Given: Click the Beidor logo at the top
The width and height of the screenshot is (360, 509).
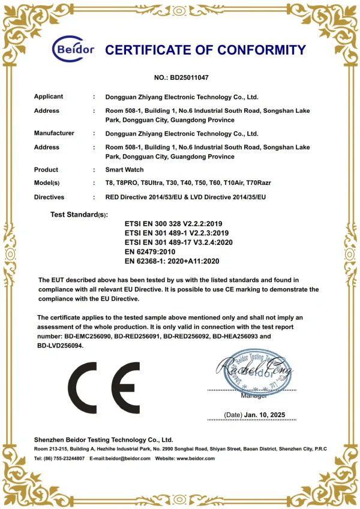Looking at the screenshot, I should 73,49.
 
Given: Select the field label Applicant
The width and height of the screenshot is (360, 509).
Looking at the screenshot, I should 49,97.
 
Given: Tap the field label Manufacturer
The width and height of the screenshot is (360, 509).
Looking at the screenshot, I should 54,133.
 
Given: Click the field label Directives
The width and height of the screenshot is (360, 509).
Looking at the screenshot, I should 49,197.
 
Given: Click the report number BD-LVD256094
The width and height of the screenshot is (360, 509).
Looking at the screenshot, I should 59,346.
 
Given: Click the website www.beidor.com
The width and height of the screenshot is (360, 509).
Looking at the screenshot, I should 194,459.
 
